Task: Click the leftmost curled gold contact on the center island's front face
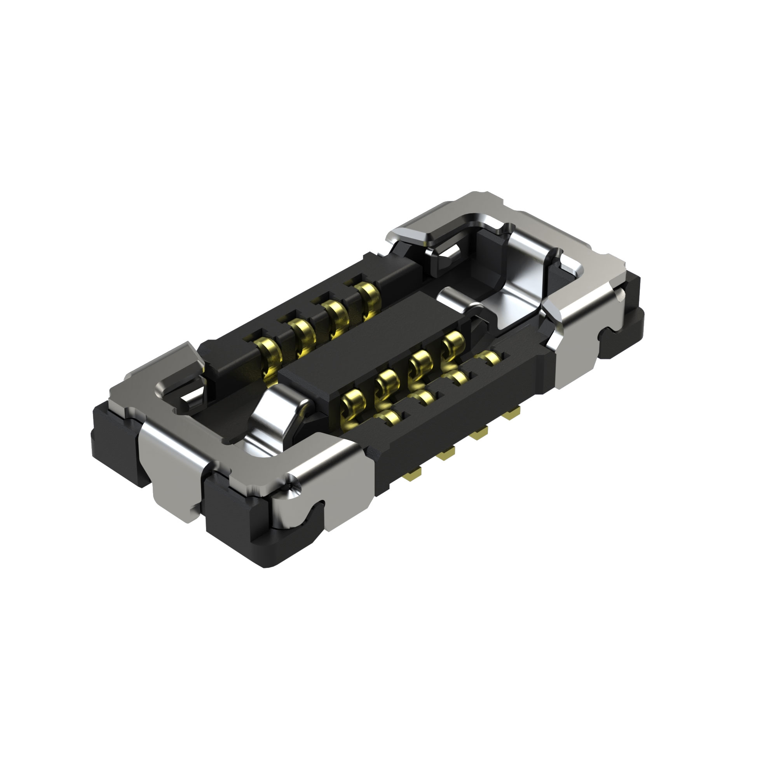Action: click(353, 403)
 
